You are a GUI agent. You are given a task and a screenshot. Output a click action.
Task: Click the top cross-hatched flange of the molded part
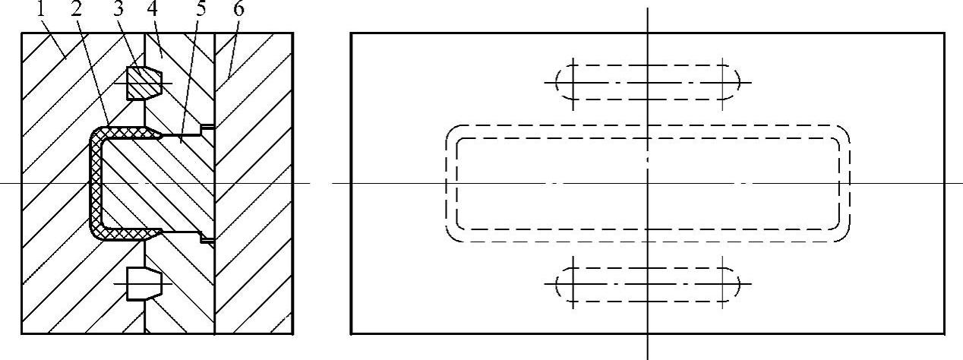pos(129,133)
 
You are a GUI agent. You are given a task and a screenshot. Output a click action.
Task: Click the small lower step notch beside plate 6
pos(206,240)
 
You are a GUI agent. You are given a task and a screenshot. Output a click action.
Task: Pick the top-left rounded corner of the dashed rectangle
pos(453,133)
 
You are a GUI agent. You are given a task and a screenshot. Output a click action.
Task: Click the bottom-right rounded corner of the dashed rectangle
pos(841,235)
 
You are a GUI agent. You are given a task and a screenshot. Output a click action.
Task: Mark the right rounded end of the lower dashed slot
pos(734,285)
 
